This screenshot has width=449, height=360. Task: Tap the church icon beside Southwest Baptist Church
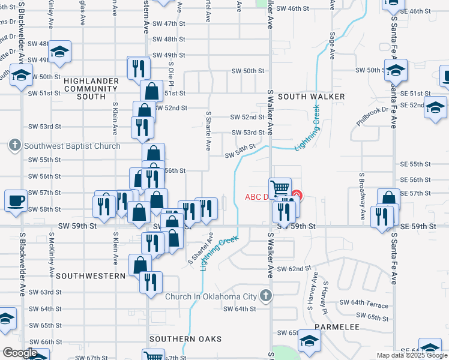15,145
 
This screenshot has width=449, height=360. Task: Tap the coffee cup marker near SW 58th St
16,200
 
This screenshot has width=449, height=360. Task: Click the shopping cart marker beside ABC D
280,188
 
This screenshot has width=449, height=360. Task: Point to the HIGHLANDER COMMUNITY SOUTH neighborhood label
84,88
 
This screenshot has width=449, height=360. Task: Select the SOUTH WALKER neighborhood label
311,97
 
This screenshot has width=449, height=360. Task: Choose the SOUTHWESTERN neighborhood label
91,276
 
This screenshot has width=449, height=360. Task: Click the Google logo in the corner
20,353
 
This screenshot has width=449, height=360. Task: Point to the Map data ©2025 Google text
412,355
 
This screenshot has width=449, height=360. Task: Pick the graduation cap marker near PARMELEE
310,341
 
